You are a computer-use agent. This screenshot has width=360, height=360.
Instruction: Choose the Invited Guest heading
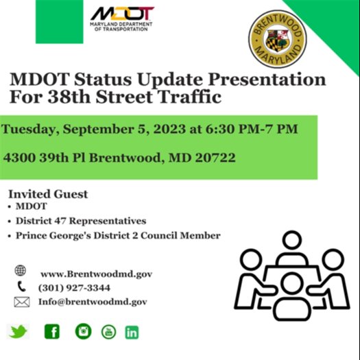47,194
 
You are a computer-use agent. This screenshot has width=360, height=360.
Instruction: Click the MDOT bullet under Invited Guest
31,206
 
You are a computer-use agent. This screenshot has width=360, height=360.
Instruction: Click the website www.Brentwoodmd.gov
95,274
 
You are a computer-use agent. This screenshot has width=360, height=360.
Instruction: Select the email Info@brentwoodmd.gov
93,302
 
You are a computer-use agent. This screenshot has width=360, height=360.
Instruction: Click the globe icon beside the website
21,272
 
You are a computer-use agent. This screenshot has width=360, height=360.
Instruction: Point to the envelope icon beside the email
22,302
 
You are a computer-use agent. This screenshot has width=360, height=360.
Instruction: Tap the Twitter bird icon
19,332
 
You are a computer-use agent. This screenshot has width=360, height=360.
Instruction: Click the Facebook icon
51,332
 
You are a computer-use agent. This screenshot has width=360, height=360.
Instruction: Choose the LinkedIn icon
132,333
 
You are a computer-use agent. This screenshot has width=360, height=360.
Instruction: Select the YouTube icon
108,333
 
